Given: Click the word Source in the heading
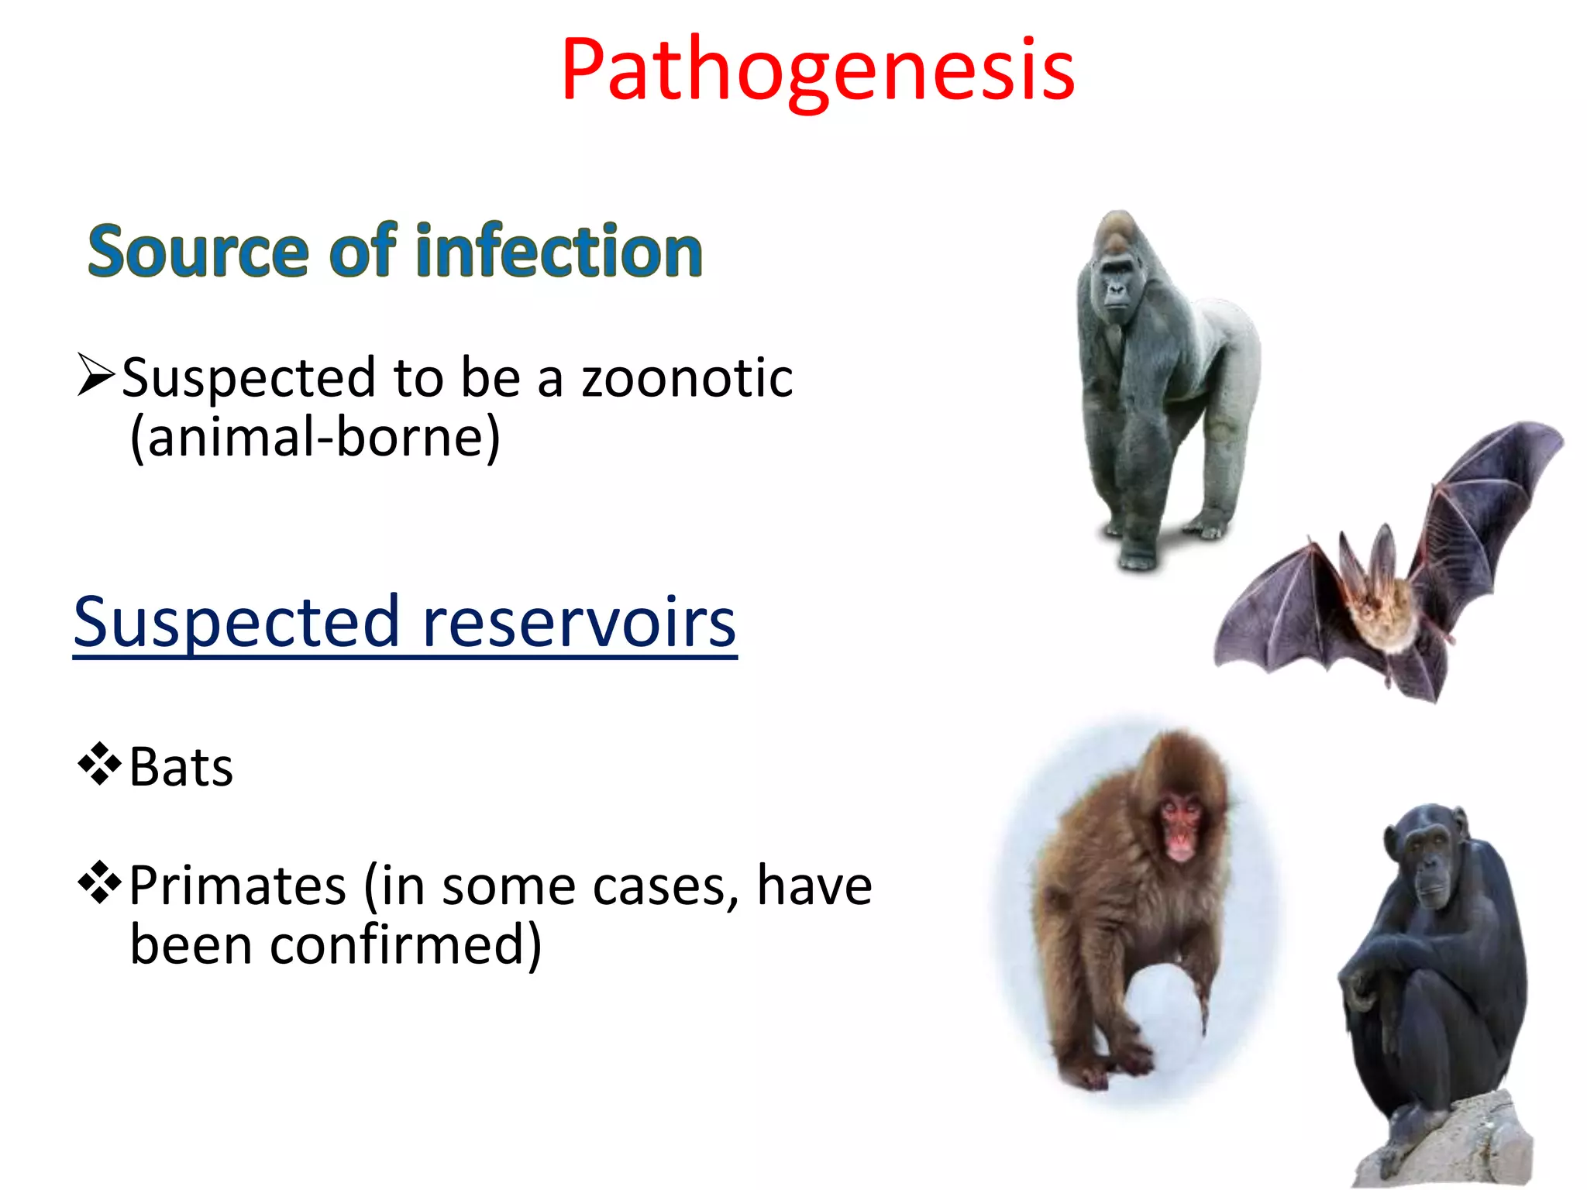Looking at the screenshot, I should [198, 252].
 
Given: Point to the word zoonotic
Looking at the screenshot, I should [687, 378].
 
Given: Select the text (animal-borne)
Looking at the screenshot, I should [315, 439].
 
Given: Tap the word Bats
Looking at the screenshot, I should [181, 768].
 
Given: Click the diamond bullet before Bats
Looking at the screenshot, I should [99, 764].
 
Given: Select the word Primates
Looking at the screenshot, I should [237, 886].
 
